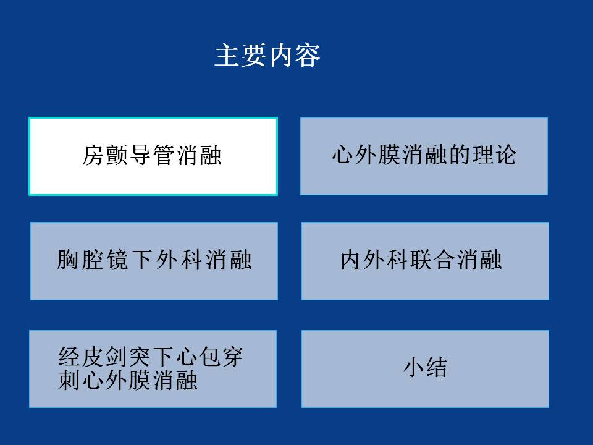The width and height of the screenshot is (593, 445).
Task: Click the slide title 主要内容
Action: click(267, 55)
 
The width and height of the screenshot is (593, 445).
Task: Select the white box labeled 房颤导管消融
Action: click(153, 156)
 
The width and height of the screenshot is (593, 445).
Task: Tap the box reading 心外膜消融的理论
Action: click(424, 156)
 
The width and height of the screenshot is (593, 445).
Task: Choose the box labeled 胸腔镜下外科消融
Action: click(154, 261)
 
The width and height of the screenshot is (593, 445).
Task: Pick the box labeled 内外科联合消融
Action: click(425, 261)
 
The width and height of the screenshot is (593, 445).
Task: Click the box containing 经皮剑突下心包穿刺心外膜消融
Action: click(153, 369)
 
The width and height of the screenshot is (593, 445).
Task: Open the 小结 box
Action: click(425, 369)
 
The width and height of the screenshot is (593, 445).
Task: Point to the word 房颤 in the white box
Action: click(106, 155)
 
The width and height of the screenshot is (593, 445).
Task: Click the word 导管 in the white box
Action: click(152, 155)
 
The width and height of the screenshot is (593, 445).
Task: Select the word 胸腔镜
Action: click(93, 260)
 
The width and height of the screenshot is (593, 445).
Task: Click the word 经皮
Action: click(81, 357)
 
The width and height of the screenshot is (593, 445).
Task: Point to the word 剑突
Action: click(128, 357)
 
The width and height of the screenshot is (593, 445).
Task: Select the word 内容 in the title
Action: click(294, 55)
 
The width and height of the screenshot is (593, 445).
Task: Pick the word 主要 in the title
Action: click(241, 55)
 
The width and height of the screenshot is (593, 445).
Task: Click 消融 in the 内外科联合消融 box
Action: click(479, 260)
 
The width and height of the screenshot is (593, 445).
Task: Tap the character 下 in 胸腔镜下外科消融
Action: click(142, 260)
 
